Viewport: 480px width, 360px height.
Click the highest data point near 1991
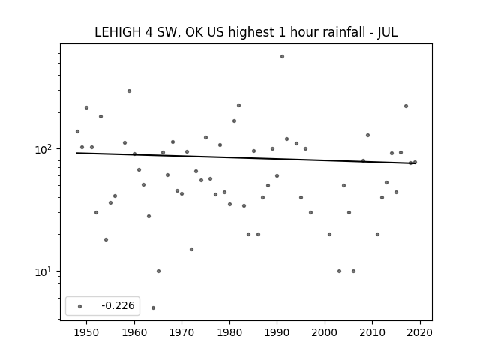(282, 57)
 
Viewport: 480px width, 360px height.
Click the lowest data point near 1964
(153, 307)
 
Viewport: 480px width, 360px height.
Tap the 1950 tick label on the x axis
(86, 332)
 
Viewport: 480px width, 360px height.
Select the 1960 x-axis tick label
(134, 332)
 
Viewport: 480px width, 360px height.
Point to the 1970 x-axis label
(181, 332)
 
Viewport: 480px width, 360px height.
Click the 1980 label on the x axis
(229, 332)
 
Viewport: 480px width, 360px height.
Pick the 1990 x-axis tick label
(277, 332)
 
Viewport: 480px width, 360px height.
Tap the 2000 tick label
(325, 332)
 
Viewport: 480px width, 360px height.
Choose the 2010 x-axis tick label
(373, 332)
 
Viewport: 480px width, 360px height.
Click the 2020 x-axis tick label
(420, 332)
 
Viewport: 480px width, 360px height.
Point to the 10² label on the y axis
(45, 149)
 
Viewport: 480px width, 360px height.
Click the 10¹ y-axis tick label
(45, 271)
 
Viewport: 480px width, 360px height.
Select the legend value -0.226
(118, 305)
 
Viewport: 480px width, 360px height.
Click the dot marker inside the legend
(80, 306)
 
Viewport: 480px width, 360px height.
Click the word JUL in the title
(388, 32)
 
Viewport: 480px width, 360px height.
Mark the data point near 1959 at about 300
(130, 91)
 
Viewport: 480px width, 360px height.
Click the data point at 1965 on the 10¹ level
(158, 271)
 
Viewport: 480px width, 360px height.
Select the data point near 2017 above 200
(406, 106)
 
